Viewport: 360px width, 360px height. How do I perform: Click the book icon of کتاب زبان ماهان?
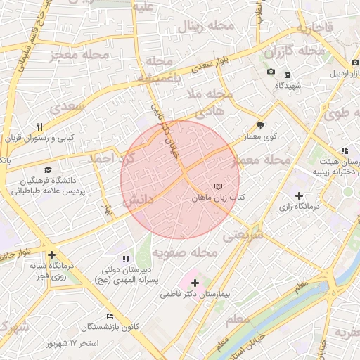[x=218, y=186]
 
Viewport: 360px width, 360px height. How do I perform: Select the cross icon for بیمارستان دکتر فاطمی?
[x=195, y=282]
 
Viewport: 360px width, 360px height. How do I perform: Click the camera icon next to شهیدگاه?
[x=271, y=72]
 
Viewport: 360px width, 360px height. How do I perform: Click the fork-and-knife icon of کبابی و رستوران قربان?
[x=39, y=127]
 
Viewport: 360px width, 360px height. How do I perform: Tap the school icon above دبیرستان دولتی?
[x=126, y=259]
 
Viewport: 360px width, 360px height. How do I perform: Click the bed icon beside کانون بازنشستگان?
[x=109, y=316]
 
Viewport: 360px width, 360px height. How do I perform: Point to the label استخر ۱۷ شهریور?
[x=73, y=344]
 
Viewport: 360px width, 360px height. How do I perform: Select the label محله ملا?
[x=209, y=93]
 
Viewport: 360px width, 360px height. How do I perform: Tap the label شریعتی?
[x=243, y=236]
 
